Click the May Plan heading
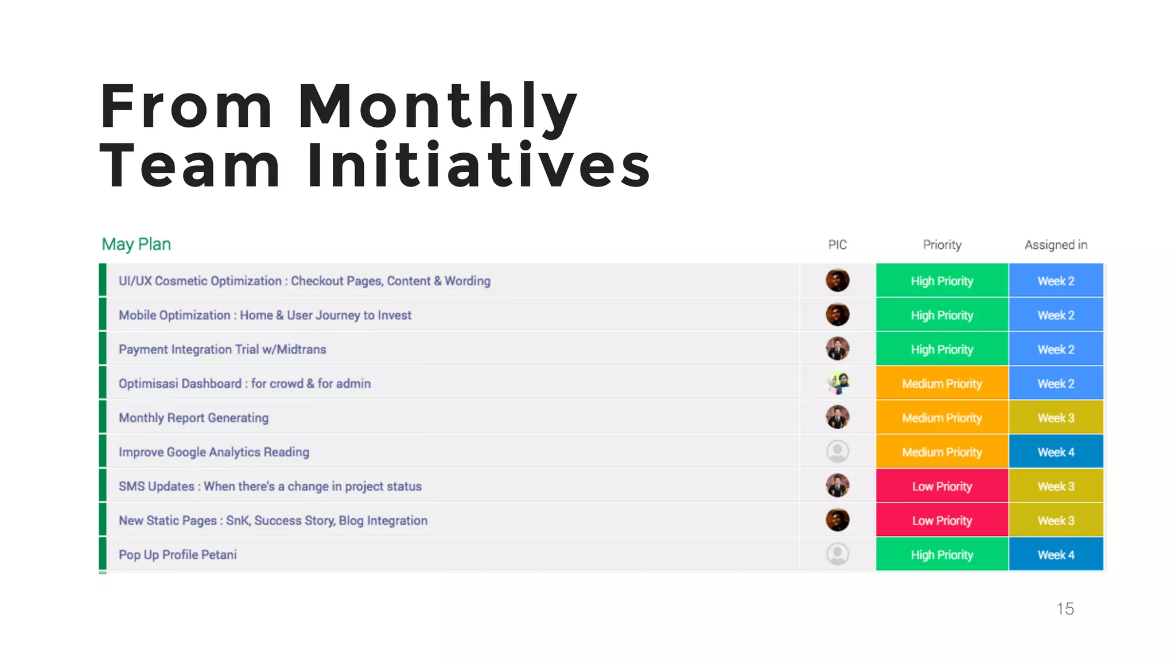[136, 244]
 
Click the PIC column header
[837, 245]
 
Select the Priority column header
[941, 245]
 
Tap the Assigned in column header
[1056, 245]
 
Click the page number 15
[1065, 609]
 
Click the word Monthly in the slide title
[437, 107]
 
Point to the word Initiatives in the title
[479, 166]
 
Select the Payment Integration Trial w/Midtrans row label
[222, 349]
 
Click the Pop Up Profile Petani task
[177, 555]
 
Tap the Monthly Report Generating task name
[193, 418]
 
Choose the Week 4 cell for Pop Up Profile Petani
[1056, 555]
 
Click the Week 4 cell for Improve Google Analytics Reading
[1056, 452]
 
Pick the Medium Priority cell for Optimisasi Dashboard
[941, 383]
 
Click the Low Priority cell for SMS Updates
[941, 487]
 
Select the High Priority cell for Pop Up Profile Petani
[941, 555]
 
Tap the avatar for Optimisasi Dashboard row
[837, 383]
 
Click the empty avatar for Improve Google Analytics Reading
[837, 452]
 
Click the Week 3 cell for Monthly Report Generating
[1056, 418]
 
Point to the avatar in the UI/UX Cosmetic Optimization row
[837, 281]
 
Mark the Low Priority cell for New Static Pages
[941, 520]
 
